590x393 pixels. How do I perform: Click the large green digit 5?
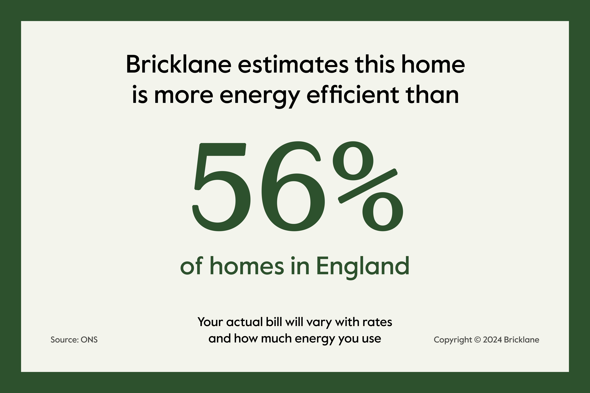221,187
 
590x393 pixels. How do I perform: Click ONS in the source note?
89,340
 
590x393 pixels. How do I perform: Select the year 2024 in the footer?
492,340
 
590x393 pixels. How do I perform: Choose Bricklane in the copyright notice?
521,340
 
